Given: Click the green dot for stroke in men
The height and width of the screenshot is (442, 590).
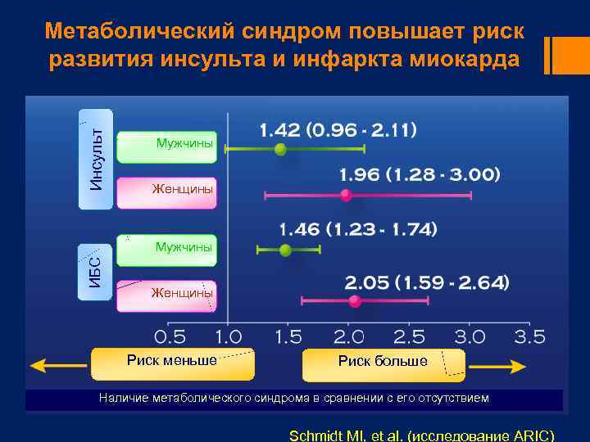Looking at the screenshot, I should tap(280, 149).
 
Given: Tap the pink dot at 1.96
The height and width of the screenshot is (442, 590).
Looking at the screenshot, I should tap(346, 195).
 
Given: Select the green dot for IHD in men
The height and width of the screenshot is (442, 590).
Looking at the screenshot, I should tap(285, 250).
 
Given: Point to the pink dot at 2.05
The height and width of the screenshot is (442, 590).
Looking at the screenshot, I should tap(355, 301).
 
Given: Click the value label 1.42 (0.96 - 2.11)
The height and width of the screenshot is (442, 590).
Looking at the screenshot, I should tap(338, 129).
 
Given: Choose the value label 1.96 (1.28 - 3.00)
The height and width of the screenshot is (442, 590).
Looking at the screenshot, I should tap(419, 174).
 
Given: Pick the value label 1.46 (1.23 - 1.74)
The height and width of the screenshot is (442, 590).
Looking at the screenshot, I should tap(358, 229).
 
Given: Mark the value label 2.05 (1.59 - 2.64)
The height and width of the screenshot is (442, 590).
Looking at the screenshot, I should tap(427, 282).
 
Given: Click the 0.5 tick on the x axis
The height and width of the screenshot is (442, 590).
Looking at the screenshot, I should tap(170, 336).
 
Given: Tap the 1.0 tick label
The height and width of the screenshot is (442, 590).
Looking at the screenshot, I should tap(228, 336).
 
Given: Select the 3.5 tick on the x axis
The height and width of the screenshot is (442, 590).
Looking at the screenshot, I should tap(529, 336).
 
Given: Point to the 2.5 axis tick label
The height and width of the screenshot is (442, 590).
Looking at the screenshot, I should tap(409, 336).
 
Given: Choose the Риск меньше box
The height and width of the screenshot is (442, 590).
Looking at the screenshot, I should tap(173, 360).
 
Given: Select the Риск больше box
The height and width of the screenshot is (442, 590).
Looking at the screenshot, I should tap(383, 362).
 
